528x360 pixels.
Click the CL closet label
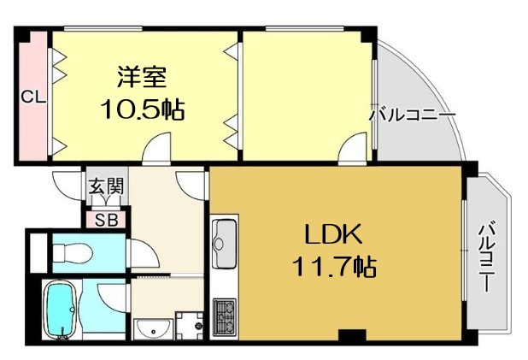(x=33, y=97)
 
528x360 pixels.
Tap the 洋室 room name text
(x=142, y=77)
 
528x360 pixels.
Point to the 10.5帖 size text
(x=143, y=109)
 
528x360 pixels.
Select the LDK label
(x=333, y=234)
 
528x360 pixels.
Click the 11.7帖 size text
(x=334, y=266)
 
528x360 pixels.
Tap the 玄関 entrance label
(x=107, y=186)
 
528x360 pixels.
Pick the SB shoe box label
(x=106, y=220)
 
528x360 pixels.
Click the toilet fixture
(x=72, y=252)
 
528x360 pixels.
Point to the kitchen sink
(x=226, y=243)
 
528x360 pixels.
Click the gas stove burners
(x=225, y=317)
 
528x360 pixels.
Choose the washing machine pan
(x=190, y=326)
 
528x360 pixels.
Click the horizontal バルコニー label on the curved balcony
(x=413, y=115)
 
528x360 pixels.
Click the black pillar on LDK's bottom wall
(x=352, y=334)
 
